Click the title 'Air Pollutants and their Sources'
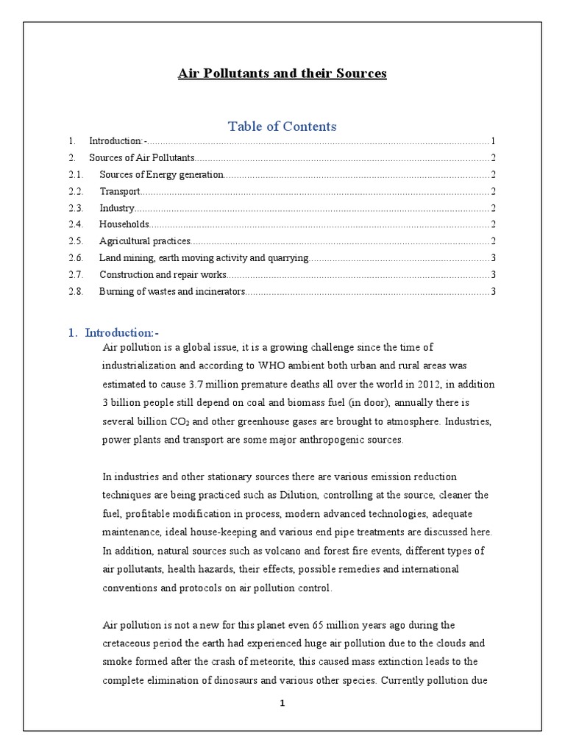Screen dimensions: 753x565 (282, 74)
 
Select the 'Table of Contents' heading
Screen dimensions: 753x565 (282, 126)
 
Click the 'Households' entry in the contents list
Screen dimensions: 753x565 (124, 224)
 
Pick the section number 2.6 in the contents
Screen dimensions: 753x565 (77, 258)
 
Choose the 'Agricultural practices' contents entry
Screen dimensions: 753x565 (145, 241)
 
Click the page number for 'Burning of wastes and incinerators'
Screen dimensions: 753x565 (494, 292)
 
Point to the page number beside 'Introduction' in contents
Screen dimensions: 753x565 (493, 140)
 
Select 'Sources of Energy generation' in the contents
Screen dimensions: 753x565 (161, 174)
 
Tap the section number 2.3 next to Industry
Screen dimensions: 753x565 (77, 208)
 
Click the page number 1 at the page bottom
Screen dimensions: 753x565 (282, 703)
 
